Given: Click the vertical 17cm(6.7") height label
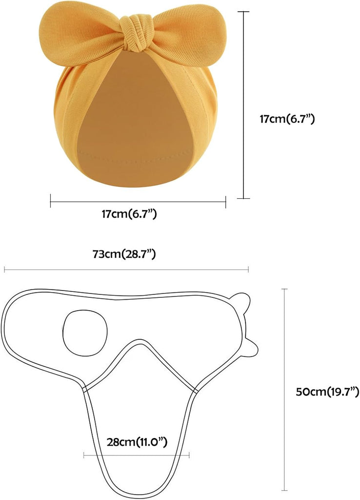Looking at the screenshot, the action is click(x=287, y=119).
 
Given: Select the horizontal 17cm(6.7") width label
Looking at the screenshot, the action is click(x=129, y=214).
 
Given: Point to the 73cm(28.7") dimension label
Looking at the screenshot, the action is click(x=124, y=254).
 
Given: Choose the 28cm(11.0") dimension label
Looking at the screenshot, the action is click(x=137, y=442).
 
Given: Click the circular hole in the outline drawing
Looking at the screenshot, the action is click(x=85, y=333).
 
